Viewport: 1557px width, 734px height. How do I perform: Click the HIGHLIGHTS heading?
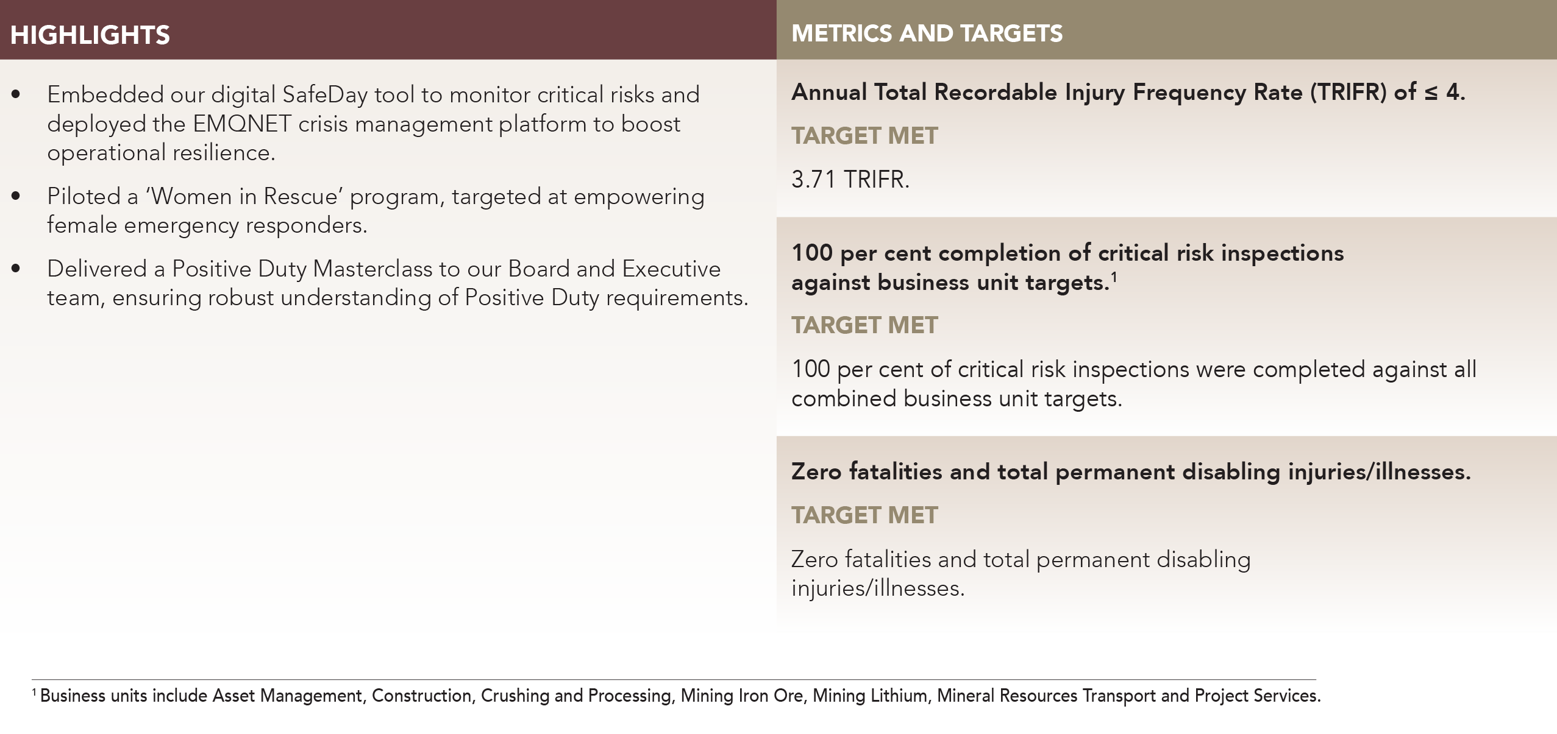pyautogui.click(x=90, y=35)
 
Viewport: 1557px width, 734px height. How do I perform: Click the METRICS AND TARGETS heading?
pyautogui.click(x=927, y=34)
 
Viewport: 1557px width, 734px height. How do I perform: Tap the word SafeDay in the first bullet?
pyautogui.click(x=325, y=94)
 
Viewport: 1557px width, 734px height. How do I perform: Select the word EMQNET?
pyautogui.click(x=242, y=124)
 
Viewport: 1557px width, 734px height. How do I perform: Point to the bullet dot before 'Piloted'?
pyautogui.click(x=16, y=196)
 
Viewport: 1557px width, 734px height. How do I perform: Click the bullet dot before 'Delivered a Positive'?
pyautogui.click(x=16, y=269)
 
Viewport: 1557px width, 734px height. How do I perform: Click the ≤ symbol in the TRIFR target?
pyautogui.click(x=1431, y=93)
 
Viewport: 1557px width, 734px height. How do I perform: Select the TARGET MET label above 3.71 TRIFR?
pyautogui.click(x=864, y=136)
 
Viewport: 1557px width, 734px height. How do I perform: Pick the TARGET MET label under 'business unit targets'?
pyautogui.click(x=864, y=325)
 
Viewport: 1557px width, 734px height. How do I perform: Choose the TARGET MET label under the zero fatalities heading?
pyautogui.click(x=864, y=515)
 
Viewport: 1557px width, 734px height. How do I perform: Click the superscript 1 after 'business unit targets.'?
pyautogui.click(x=1114, y=277)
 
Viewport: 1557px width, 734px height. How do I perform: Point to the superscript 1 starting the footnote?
pyautogui.click(x=34, y=692)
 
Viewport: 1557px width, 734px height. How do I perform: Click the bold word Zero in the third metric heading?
pyautogui.click(x=816, y=471)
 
